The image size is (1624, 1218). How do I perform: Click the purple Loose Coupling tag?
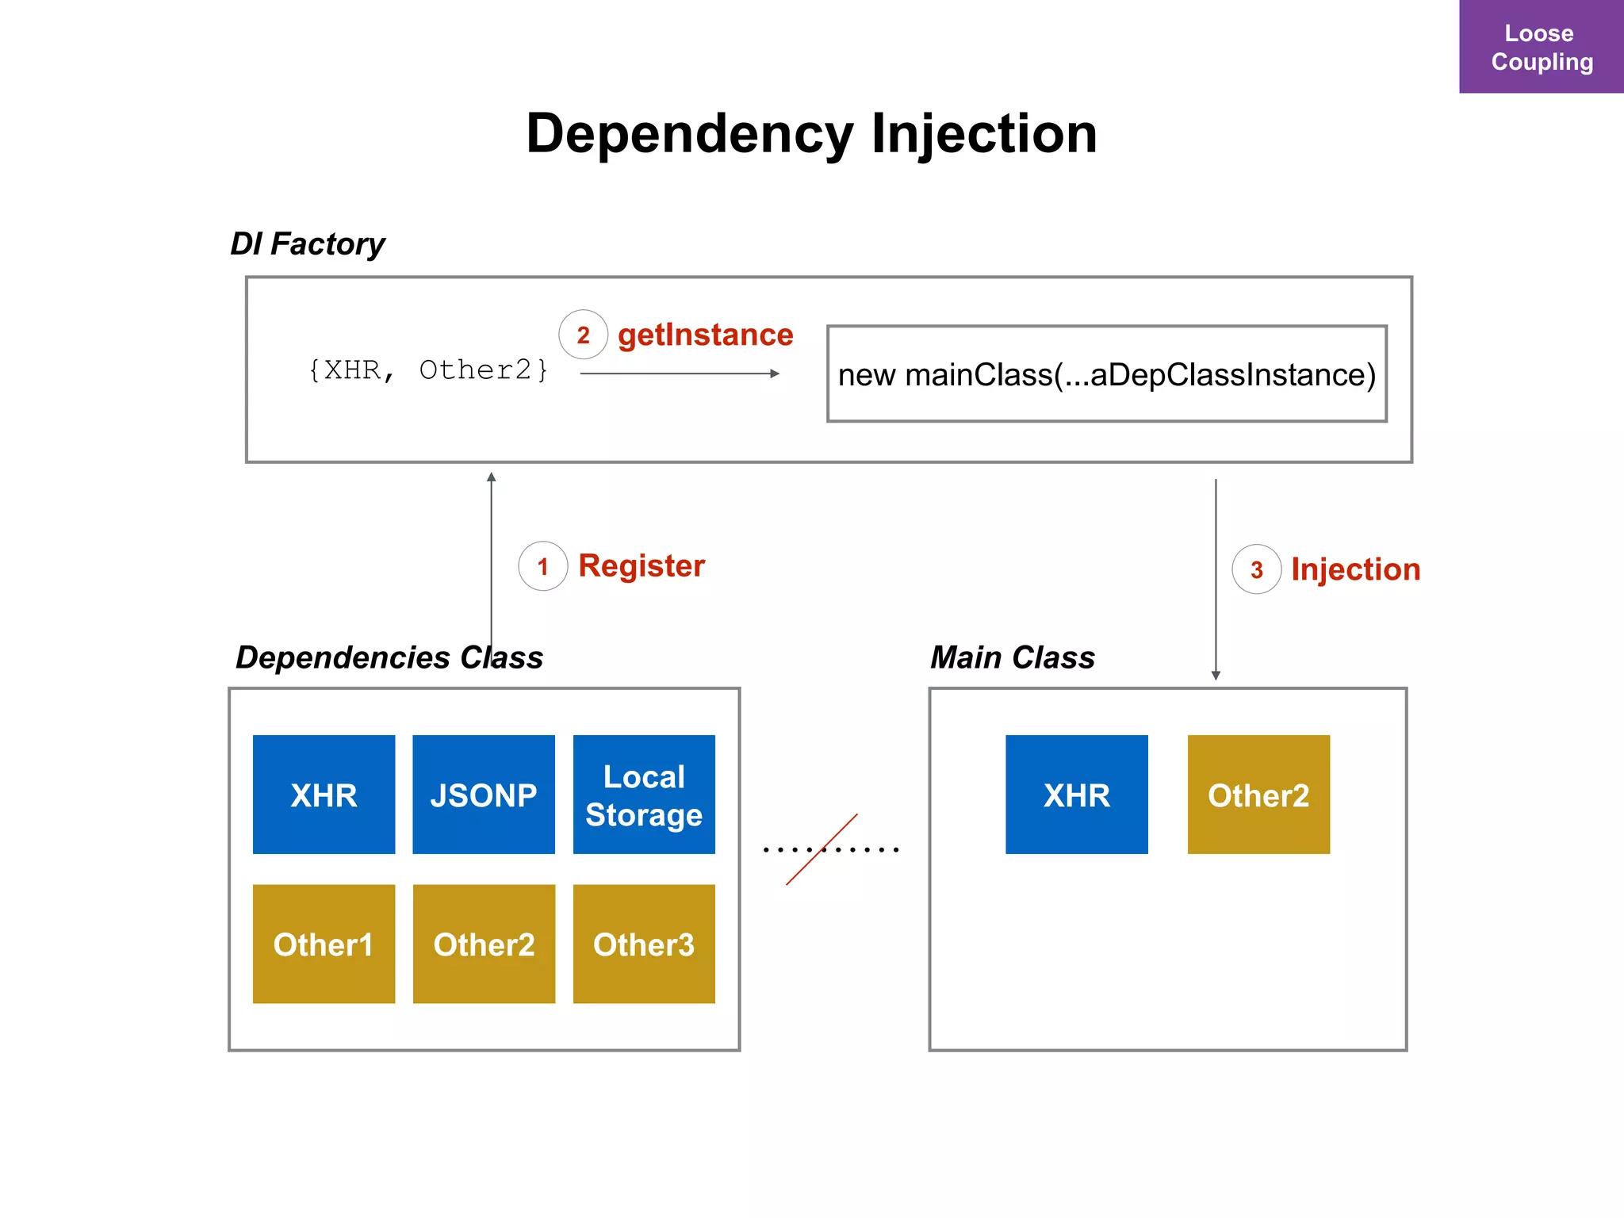pyautogui.click(x=1541, y=47)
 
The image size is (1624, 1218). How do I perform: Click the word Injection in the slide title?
pyautogui.click(x=984, y=133)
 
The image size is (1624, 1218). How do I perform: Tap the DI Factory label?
pyautogui.click(x=308, y=243)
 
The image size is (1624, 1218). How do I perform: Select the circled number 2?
pyautogui.click(x=583, y=335)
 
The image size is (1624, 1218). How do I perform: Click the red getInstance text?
pyautogui.click(x=705, y=335)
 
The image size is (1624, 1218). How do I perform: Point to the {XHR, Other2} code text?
pyautogui.click(x=428, y=370)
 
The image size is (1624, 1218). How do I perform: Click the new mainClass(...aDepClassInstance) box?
pyautogui.click(x=1106, y=373)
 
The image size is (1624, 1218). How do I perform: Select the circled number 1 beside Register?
pyautogui.click(x=542, y=566)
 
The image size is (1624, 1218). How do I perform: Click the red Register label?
pyautogui.click(x=642, y=565)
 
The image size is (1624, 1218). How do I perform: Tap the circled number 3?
pyautogui.click(x=1256, y=569)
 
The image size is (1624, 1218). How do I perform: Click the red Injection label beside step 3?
pyautogui.click(x=1355, y=569)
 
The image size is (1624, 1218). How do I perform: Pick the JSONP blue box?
pyautogui.click(x=484, y=795)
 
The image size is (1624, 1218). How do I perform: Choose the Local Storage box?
pyautogui.click(x=644, y=795)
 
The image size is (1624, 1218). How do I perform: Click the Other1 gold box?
pyautogui.click(x=324, y=944)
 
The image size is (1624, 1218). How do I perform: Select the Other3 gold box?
pyautogui.click(x=644, y=944)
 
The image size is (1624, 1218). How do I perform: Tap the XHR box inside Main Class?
pyautogui.click(x=1076, y=795)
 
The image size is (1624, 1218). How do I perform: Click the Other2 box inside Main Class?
pyautogui.click(x=1258, y=795)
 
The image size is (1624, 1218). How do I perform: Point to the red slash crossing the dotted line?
pyautogui.click(x=822, y=849)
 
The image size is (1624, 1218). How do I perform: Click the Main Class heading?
pyautogui.click(x=1012, y=657)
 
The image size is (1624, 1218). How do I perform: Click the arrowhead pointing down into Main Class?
pyautogui.click(x=1216, y=675)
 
